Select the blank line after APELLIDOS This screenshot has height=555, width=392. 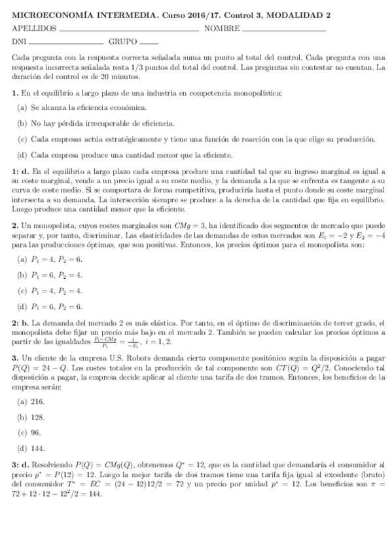(x=128, y=30)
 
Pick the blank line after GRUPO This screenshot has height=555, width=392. (x=149, y=43)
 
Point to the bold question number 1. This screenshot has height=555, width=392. (x=15, y=93)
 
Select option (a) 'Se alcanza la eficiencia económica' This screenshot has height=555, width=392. (x=82, y=107)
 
